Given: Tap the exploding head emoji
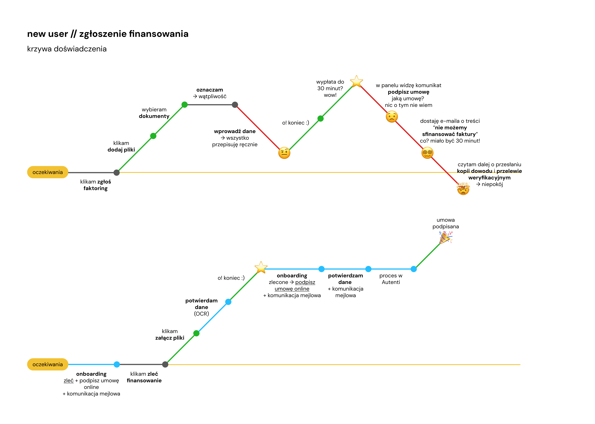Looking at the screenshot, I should (463, 189).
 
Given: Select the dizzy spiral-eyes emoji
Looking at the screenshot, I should (427, 153).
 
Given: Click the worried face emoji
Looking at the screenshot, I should (392, 117).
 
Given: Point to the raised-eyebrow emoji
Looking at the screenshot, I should (284, 153).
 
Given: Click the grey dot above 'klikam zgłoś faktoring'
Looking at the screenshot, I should (117, 173).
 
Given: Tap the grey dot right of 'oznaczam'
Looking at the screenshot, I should (235, 105).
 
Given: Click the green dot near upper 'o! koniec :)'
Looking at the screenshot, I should (320, 119).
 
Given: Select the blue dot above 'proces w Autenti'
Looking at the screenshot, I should (414, 269).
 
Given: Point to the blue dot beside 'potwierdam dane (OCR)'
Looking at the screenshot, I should (228, 302).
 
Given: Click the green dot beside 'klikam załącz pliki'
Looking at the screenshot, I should (196, 333).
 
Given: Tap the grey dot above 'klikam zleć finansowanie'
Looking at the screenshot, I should (165, 364).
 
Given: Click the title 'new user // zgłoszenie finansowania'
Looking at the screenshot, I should (108, 34).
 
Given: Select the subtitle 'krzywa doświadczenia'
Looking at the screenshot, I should (67, 49).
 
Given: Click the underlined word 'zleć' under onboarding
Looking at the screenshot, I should (69, 381).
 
